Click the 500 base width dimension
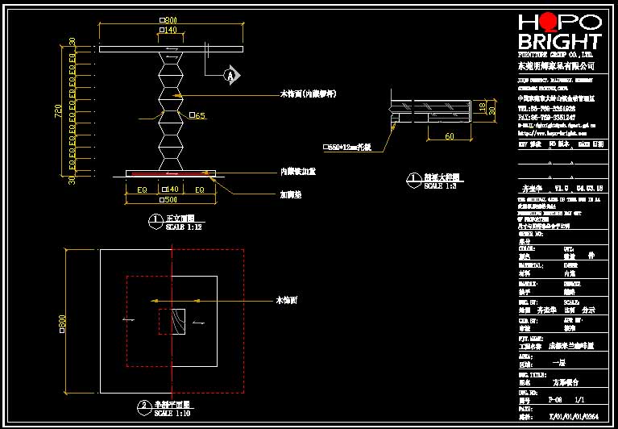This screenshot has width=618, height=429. [x=170, y=198]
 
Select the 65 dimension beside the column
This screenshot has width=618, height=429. [x=197, y=116]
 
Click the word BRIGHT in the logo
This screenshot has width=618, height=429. [x=559, y=41]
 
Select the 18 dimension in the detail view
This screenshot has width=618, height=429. [x=482, y=106]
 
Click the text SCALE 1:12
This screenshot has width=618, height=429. [x=184, y=227]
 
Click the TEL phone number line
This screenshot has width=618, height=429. [x=546, y=107]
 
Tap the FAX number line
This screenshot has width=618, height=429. [x=546, y=116]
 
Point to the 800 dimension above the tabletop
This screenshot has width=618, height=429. [x=169, y=19]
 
